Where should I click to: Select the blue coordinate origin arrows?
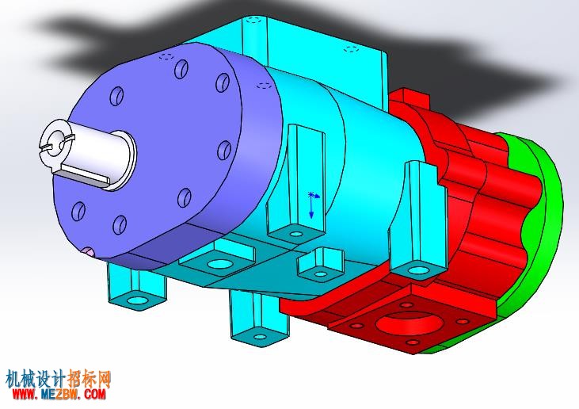[313, 204]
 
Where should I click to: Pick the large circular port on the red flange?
[409, 323]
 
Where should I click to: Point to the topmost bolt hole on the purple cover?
[181, 69]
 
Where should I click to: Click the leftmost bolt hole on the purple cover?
[78, 211]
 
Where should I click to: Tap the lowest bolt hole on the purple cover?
[120, 224]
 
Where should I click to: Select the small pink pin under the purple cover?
[89, 252]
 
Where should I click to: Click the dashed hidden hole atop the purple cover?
[166, 56]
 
